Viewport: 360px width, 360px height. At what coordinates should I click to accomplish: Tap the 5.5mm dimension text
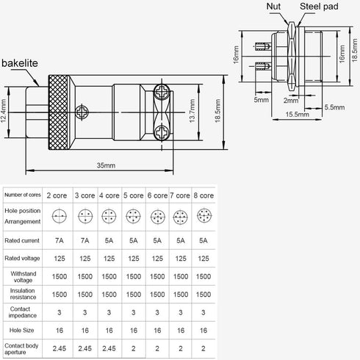pyautogui.click(x=334, y=107)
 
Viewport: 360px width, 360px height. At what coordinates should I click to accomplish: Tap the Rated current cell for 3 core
pyautogui.click(x=84, y=239)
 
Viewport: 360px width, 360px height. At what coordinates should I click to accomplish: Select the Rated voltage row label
pyautogui.click(x=23, y=258)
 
